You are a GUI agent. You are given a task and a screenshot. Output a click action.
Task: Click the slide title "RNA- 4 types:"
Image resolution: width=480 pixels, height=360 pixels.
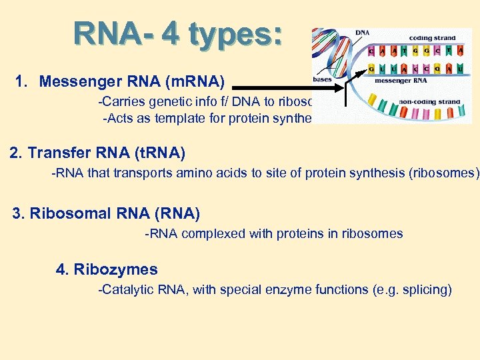coord(178,34)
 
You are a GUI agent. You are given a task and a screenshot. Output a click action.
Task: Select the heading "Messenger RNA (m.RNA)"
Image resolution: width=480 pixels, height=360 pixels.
coord(132,82)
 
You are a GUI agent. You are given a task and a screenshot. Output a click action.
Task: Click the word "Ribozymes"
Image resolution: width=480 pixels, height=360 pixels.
coord(115,269)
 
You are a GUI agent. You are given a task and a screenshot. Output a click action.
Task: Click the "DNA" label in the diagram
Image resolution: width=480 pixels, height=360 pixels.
coord(363,33)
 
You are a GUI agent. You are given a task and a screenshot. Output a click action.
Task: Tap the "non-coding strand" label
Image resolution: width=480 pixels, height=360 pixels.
coord(429,102)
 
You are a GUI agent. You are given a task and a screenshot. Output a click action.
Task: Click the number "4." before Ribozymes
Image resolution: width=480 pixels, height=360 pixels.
coord(63,269)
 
